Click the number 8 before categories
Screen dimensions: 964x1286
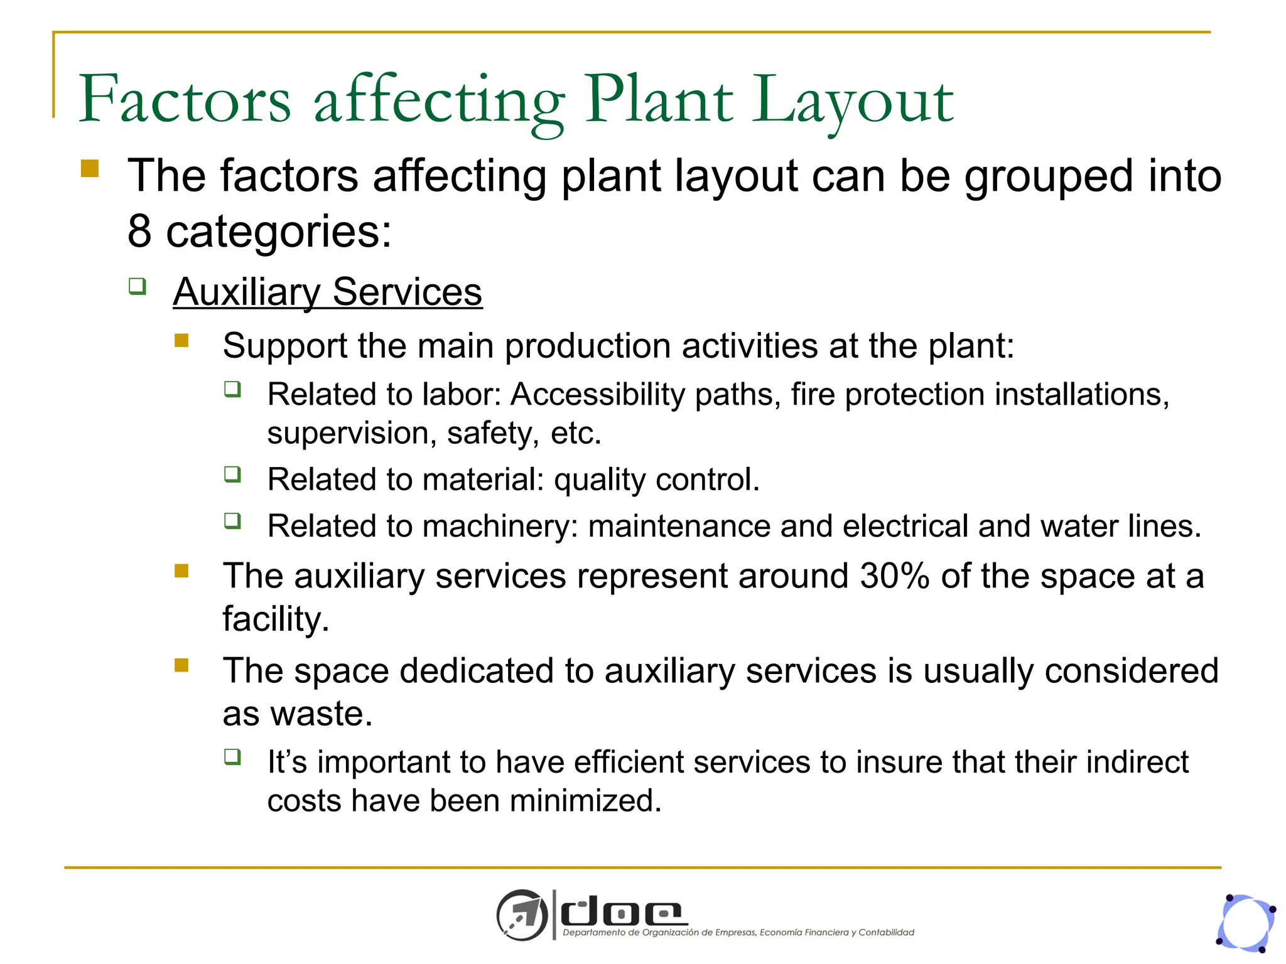(139, 231)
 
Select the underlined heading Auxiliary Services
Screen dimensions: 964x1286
(327, 292)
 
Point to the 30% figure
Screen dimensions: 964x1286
(894, 576)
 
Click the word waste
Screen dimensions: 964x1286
(321, 714)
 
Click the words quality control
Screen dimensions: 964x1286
(656, 479)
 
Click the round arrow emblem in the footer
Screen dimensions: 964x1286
(521, 915)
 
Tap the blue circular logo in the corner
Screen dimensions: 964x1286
(1246, 923)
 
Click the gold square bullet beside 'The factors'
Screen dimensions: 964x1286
(90, 169)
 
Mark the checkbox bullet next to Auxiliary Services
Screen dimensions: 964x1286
(138, 287)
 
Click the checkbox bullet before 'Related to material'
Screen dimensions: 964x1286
(232, 474)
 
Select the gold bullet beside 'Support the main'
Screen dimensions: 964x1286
(181, 340)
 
